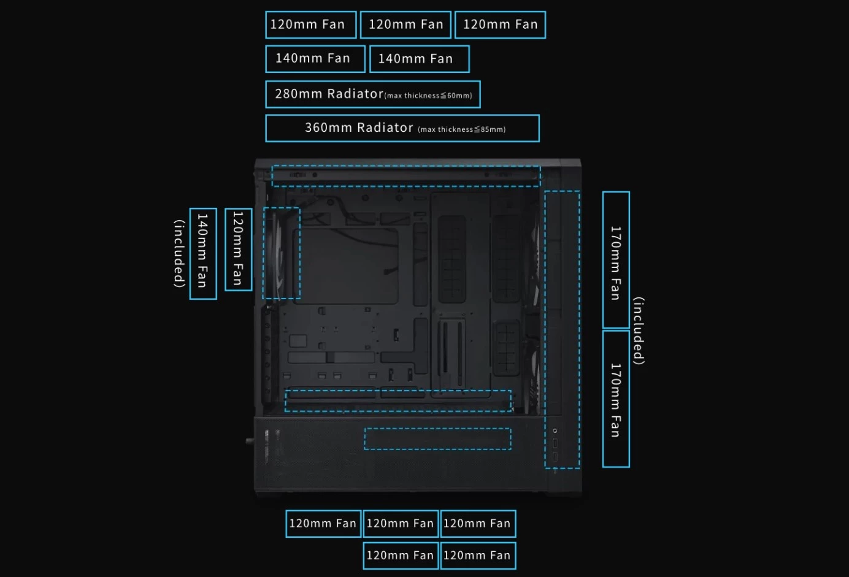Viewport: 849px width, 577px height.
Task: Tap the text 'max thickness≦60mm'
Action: (429, 96)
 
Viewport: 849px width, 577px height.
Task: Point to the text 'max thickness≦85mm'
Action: (462, 129)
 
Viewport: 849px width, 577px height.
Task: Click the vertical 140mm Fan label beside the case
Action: (203, 253)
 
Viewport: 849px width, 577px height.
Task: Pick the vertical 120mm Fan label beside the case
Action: (238, 249)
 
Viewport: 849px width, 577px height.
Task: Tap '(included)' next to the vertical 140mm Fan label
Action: (179, 253)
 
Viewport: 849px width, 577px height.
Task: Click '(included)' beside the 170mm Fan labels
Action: (639, 331)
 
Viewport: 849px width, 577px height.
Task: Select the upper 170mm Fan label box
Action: (616, 261)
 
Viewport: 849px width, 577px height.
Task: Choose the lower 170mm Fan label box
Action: (616, 399)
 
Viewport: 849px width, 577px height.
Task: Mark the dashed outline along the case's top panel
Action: (406, 176)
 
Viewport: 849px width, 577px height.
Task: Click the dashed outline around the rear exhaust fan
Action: (282, 253)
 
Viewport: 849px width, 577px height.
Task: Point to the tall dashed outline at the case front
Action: (562, 330)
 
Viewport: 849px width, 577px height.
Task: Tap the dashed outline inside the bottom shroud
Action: (437, 439)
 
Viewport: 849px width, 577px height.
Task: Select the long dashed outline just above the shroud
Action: (398, 400)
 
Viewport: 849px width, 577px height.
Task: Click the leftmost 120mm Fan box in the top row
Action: (310, 25)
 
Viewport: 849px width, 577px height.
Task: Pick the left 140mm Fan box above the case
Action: (315, 59)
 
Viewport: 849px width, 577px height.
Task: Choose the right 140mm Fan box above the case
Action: (419, 59)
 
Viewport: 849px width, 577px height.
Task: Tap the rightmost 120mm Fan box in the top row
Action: (500, 25)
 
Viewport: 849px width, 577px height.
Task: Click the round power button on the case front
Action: (555, 430)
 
